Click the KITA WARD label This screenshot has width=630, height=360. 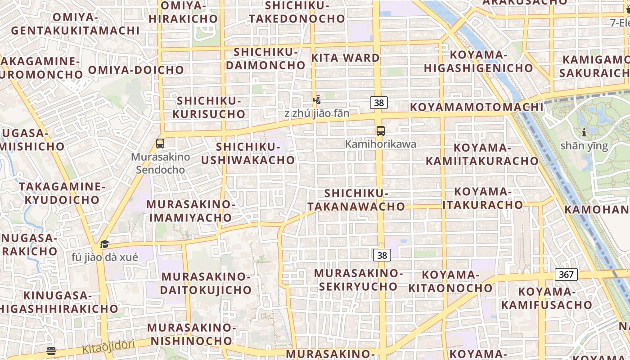click(346, 58)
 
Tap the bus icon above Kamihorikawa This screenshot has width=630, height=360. click(381, 131)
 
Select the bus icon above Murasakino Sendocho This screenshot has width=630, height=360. click(160, 144)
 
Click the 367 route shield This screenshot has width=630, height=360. click(566, 274)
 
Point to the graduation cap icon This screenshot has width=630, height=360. click(104, 244)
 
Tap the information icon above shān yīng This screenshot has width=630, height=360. click(584, 132)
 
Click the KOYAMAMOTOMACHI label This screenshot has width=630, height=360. click(476, 107)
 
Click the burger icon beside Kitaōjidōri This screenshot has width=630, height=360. click(51, 351)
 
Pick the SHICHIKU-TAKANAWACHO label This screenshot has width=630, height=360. click(356, 200)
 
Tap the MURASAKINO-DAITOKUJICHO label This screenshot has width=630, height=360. click(205, 283)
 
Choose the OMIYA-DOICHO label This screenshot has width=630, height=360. click(136, 70)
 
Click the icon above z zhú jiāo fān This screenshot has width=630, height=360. click(317, 99)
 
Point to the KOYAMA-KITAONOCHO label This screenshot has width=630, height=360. click(450, 281)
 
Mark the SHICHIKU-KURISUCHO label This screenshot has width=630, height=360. click(209, 107)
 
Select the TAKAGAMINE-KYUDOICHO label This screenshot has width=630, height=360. click(62, 193)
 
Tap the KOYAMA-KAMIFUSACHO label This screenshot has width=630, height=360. click(547, 298)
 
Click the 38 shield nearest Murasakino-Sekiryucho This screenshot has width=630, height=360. click(382, 256)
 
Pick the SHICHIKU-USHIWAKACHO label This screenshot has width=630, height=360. click(248, 153)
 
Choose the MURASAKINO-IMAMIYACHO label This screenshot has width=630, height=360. click(191, 211)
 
